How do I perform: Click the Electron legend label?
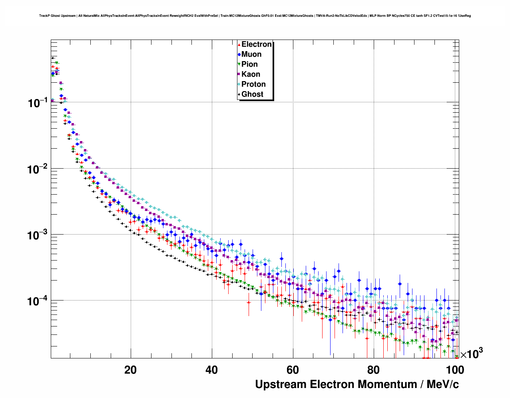257,44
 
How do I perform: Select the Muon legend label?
251,54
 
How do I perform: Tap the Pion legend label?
249,64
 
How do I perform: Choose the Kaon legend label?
251,74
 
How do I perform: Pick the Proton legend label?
253,84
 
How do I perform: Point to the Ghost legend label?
252,94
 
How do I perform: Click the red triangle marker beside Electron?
239,44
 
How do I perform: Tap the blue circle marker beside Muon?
239,54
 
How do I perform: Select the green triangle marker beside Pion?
239,64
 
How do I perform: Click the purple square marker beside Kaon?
239,74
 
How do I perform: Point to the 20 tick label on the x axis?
130,370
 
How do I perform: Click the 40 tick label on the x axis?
211,370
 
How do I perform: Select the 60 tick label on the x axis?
293,370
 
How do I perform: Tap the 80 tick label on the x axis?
374,370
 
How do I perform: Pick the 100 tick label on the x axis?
455,370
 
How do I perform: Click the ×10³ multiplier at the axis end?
471,354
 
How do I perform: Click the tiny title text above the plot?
255,16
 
